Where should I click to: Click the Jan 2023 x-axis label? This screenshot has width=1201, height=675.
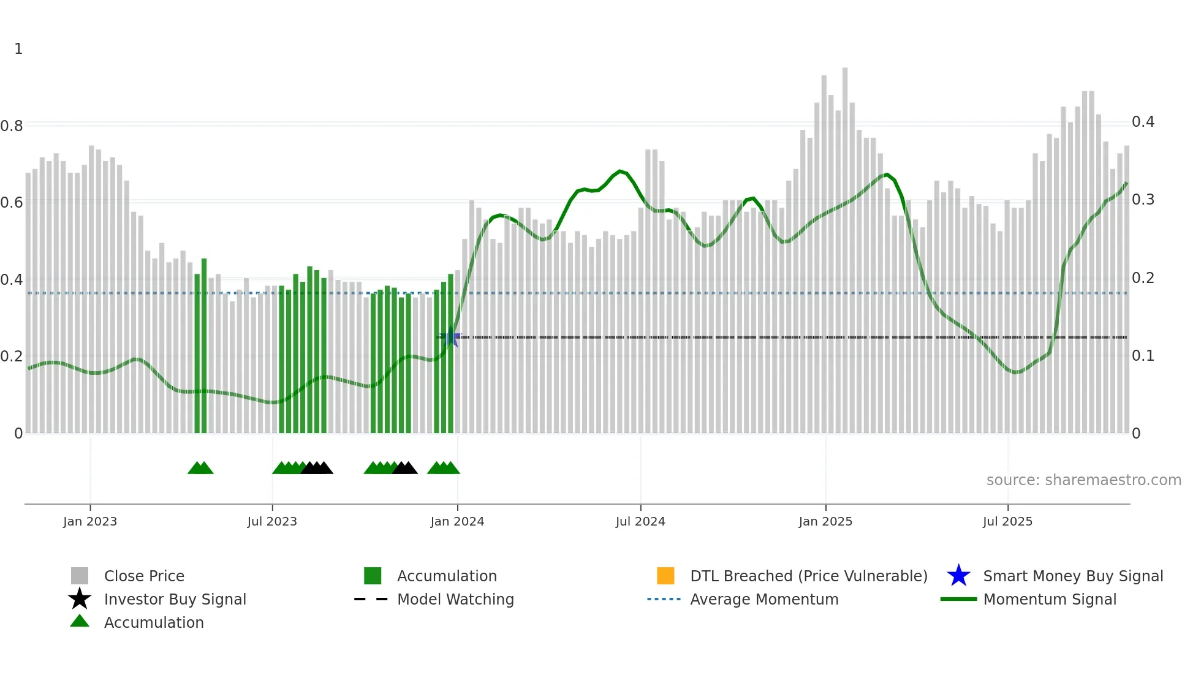pos(90,521)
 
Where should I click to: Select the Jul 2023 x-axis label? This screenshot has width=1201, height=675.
pos(272,521)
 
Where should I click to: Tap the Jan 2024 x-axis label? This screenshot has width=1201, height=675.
pos(457,521)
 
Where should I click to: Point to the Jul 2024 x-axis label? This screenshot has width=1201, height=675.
pos(640,521)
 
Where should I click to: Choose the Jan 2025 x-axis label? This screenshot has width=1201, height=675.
pos(825,521)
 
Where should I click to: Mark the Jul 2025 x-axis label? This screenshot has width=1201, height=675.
pos(1007,521)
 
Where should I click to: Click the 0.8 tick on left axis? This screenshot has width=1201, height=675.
pos(12,126)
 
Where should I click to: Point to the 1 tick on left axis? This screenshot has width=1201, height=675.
pos(18,49)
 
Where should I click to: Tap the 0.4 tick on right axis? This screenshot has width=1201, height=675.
pos(1143,122)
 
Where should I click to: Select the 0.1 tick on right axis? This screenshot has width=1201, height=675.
pos(1143,356)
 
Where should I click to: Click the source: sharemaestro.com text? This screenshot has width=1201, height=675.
pos(1083,480)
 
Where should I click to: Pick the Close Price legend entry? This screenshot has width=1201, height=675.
pos(144,576)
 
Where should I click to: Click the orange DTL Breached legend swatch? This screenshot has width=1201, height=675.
pos(665,576)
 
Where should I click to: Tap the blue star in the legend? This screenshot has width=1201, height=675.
pos(958,576)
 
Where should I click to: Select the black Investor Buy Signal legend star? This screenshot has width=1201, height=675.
pos(80,599)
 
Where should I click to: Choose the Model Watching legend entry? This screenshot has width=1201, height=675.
pos(455,599)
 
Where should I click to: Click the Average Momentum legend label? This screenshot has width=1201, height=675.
pos(764,599)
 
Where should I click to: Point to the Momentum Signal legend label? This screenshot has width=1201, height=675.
pos(1050,599)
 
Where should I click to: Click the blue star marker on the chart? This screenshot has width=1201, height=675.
pos(452,337)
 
